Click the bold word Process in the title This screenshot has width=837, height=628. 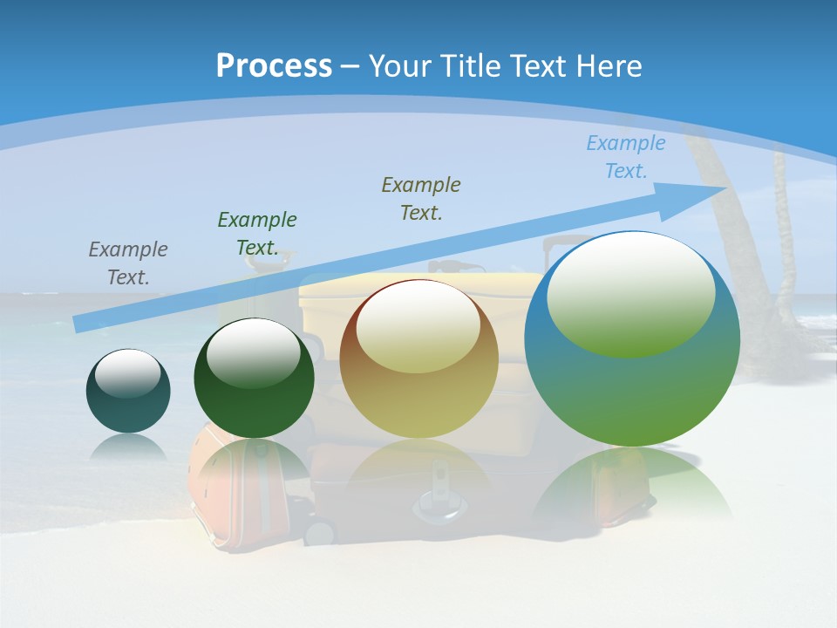click(274, 66)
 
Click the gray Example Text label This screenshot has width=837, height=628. click(128, 263)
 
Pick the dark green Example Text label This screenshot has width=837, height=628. click(257, 234)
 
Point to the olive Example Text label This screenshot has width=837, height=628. click(421, 199)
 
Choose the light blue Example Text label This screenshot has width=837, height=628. click(626, 157)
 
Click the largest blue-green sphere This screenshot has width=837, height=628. click(632, 392)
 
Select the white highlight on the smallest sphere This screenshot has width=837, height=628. click(128, 373)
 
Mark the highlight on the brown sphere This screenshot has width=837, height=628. click(418, 327)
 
